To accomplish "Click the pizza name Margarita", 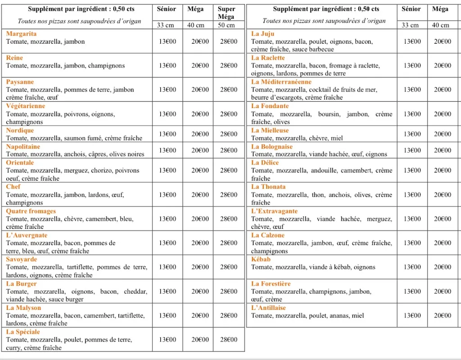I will coord(21,34).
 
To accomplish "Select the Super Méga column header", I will coord(226,13).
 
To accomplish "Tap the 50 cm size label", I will coord(226,25).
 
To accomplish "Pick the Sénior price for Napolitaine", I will coord(167,150).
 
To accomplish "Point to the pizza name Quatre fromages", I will coord(31,211).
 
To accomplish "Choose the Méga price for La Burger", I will coord(200,291).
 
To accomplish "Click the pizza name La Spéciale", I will coord(23,332).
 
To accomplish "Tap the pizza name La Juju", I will coord(262,34).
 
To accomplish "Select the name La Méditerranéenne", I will coord(281,82).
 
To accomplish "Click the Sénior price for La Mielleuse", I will coord(412,134).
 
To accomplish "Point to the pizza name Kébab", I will coord(261,260).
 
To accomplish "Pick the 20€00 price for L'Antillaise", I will coord(443,315).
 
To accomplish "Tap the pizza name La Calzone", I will coord(268,235).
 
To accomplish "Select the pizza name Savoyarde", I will coord(22,260).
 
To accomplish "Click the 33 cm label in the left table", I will coord(165,25).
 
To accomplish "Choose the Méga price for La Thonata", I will coord(443,195).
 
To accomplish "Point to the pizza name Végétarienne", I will coord(26,106).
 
